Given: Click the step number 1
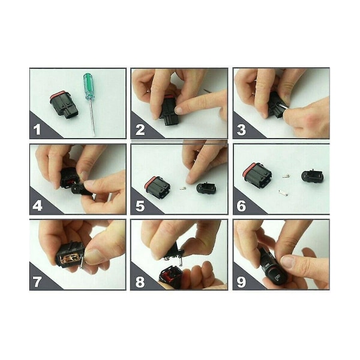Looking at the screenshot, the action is [37, 130].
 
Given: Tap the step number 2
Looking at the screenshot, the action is [140, 130].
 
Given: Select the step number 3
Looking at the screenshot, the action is [241, 130].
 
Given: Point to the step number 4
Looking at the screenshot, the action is [37, 206].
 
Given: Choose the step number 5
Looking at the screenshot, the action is [140, 206].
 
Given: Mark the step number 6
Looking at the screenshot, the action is [241, 206].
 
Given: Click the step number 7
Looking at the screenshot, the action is [37, 282].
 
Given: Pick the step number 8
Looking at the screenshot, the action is [140, 282].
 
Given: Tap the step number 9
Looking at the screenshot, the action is [241, 282].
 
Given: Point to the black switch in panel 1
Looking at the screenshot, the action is [64, 105].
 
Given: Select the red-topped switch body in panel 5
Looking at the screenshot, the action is [157, 187].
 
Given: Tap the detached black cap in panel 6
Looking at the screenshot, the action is [311, 176].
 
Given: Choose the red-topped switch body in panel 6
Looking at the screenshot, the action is [257, 175].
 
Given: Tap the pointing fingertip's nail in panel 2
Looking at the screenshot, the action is [178, 110].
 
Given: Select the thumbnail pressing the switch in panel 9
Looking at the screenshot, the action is [287, 262].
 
